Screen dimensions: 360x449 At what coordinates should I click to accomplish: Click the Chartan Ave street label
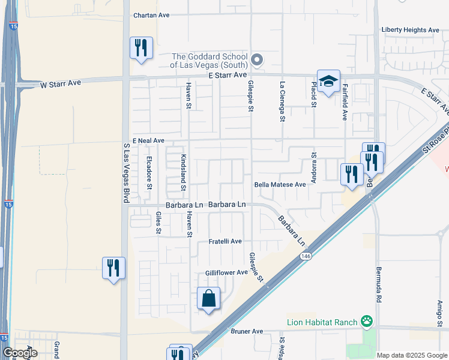click(152, 16)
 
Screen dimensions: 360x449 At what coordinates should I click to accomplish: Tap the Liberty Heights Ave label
click(411, 30)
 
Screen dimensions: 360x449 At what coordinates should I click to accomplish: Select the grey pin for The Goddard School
click(257, 59)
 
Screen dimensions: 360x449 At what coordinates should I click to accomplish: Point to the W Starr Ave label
click(60, 85)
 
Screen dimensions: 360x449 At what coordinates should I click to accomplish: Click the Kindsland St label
click(182, 170)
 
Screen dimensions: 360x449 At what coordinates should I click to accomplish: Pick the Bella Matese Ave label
click(280, 185)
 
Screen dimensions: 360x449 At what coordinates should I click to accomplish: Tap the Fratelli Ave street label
click(225, 241)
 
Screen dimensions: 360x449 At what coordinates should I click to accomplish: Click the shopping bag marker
click(208, 298)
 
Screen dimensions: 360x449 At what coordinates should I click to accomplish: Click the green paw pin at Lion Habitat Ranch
click(367, 322)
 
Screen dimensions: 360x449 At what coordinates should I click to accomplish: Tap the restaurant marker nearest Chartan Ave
click(141, 47)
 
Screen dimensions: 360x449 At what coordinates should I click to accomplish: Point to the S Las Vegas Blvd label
click(126, 172)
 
